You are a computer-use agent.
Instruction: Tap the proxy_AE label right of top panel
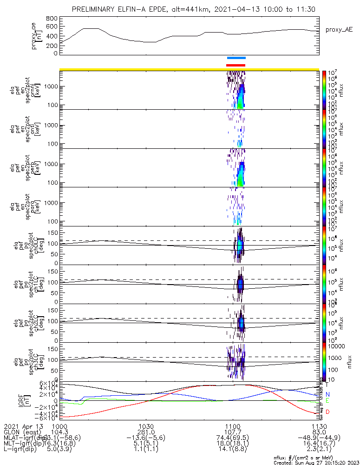[339, 30]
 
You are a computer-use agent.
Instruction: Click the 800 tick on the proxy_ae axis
[52, 18]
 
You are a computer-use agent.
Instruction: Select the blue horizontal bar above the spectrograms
[236, 58]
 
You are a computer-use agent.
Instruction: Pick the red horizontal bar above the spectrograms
[236, 65]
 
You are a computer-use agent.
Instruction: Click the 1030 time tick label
[146, 426]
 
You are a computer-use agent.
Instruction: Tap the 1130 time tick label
[318, 426]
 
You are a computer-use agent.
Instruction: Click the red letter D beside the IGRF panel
[327, 412]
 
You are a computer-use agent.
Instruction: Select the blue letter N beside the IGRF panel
[327, 394]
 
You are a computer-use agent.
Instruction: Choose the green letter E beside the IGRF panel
[327, 400]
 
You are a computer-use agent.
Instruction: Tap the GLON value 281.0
[146, 432]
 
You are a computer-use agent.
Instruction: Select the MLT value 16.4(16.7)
[318, 444]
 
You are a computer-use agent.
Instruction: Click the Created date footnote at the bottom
[316, 463]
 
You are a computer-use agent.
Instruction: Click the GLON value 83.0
[318, 432]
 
